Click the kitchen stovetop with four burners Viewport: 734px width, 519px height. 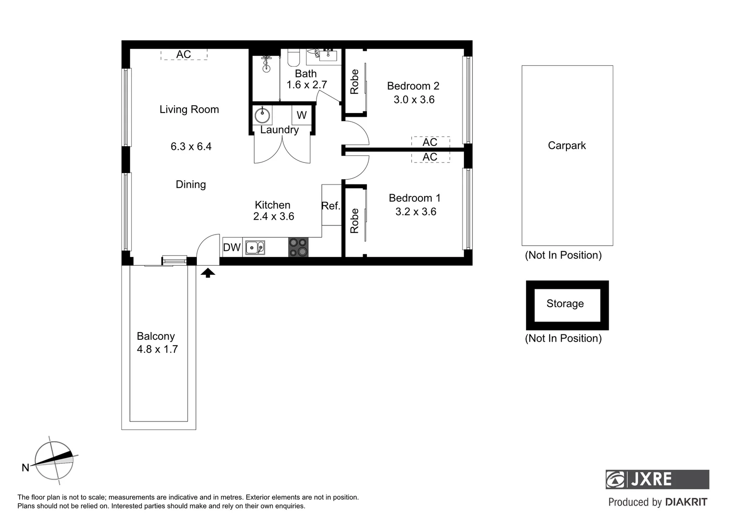[298, 247]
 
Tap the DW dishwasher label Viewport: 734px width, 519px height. [232, 247]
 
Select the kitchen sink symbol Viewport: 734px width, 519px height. [255, 247]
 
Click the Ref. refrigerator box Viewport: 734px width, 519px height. [331, 206]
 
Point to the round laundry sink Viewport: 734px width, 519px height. [262, 115]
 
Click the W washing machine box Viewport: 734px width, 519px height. [302, 115]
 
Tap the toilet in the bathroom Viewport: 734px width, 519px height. [293, 58]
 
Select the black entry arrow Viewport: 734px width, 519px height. [208, 273]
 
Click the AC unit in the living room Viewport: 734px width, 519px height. [183, 54]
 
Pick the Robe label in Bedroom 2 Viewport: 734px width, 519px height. [355, 82]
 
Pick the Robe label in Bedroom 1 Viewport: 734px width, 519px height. [355, 221]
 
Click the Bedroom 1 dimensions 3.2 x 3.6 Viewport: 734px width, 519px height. [416, 212]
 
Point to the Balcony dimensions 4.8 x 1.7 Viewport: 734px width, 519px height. [157, 349]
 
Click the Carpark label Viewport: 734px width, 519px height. [567, 146]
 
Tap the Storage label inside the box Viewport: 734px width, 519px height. [565, 304]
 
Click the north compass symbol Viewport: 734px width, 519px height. [54, 461]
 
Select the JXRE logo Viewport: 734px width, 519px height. [657, 479]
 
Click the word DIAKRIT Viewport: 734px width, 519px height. [686, 502]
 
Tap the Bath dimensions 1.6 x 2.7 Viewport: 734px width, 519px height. [306, 85]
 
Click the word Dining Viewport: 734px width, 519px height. [191, 185]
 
